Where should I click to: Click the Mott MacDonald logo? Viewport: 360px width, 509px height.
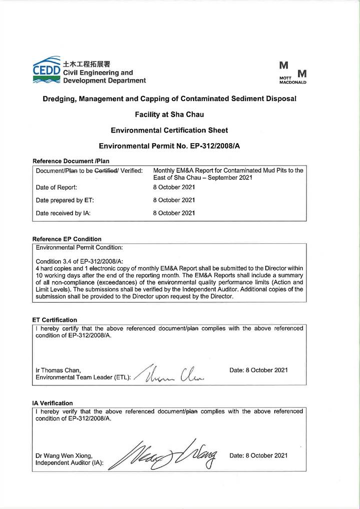292,73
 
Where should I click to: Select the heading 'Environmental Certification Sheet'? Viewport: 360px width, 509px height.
169,130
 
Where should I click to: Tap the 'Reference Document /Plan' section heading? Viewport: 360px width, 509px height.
71,161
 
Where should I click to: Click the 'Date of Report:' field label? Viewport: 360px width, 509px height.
56,187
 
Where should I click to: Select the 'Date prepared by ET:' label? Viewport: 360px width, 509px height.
65,200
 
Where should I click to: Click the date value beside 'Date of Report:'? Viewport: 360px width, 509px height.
174,187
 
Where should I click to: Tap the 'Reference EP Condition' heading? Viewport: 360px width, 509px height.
67,239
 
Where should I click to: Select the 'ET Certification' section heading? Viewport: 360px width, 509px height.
55,319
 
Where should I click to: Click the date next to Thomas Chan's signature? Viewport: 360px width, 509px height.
258,370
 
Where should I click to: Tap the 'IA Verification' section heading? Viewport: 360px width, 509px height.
53,403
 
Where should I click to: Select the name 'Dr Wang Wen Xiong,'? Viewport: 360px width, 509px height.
64,456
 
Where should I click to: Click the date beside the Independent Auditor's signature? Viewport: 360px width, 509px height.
258,455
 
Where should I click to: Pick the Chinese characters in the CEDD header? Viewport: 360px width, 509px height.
86,64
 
